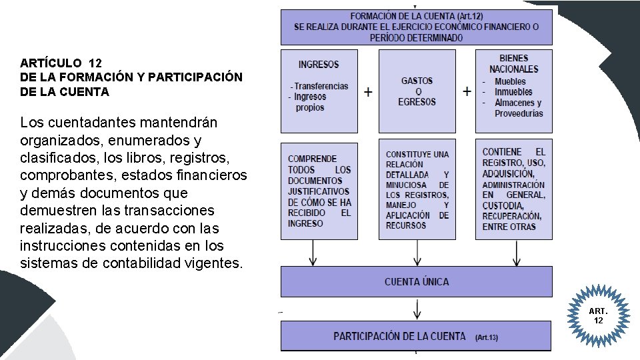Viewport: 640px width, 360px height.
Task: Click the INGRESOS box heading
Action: tap(319, 65)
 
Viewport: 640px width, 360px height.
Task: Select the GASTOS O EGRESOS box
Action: tap(417, 91)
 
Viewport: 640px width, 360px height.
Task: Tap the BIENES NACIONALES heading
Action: tap(513, 63)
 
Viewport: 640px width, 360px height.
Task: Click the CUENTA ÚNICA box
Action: tap(417, 281)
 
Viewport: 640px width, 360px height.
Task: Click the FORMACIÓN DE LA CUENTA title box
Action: tap(417, 27)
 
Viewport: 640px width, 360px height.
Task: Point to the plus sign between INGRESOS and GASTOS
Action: tap(368, 92)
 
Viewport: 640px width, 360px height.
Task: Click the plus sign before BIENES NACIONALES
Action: tap(467, 91)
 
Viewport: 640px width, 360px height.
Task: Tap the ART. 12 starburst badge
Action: tap(598, 316)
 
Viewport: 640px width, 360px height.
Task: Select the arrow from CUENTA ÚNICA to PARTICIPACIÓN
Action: tap(417, 309)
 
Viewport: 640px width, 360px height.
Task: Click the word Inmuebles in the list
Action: tap(513, 92)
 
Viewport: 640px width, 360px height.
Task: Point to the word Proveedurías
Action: tap(519, 113)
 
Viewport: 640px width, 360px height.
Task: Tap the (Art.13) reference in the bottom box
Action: tap(486, 338)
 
